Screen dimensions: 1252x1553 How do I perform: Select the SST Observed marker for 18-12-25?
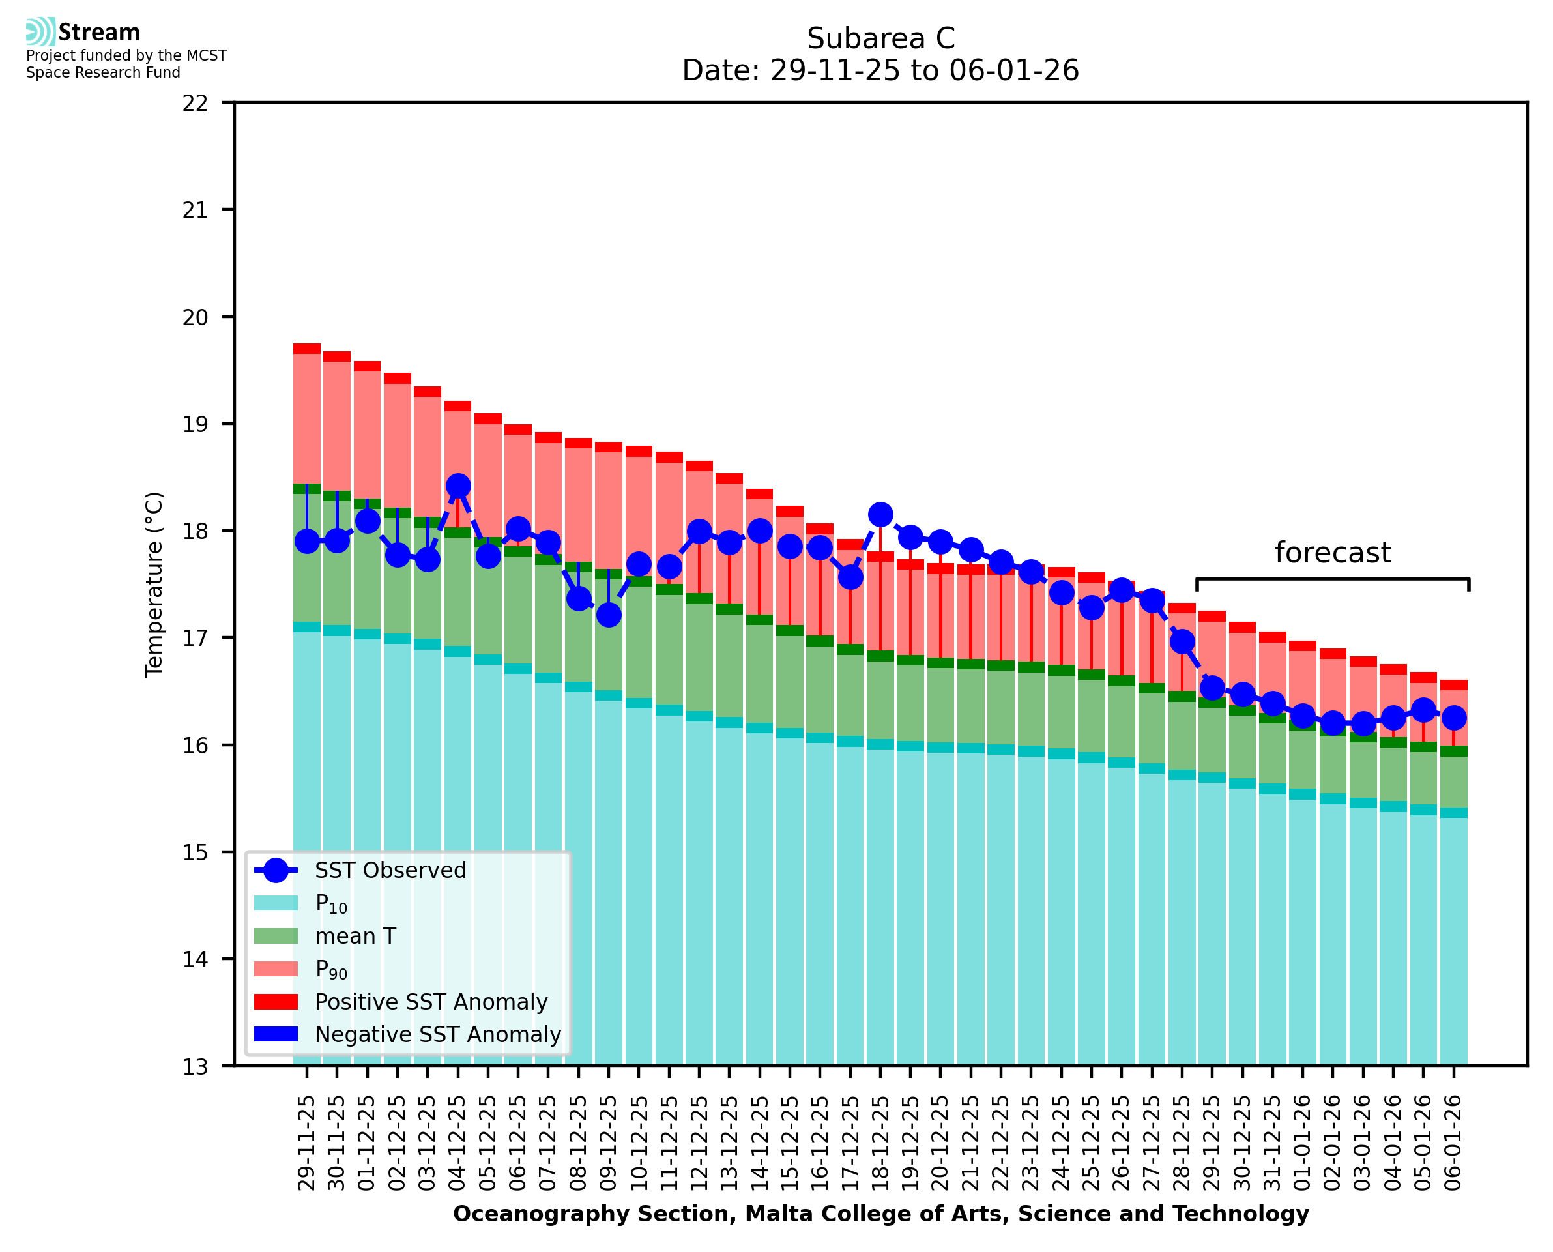(x=880, y=515)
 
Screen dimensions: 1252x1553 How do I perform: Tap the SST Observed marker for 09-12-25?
(x=609, y=615)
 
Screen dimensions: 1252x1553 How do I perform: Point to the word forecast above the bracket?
(x=1332, y=553)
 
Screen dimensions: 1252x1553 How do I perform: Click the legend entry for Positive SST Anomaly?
(x=430, y=1002)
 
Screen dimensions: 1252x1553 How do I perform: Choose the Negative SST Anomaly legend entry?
(x=437, y=1034)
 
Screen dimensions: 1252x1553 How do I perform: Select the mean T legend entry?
(x=355, y=936)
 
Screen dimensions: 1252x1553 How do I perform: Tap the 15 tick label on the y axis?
(x=196, y=852)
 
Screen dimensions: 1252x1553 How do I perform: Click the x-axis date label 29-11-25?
(x=307, y=1143)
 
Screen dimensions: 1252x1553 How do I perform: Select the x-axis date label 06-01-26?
(x=1453, y=1143)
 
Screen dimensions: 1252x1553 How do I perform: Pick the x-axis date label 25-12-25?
(x=1092, y=1143)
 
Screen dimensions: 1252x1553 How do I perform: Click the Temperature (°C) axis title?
(x=154, y=584)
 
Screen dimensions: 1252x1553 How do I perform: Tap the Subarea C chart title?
(x=880, y=38)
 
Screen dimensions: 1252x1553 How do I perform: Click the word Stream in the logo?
(x=99, y=33)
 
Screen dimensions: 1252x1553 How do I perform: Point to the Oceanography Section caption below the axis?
(x=880, y=1214)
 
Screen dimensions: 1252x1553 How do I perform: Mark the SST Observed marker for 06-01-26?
(x=1453, y=718)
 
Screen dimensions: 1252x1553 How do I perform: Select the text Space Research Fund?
(x=103, y=72)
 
